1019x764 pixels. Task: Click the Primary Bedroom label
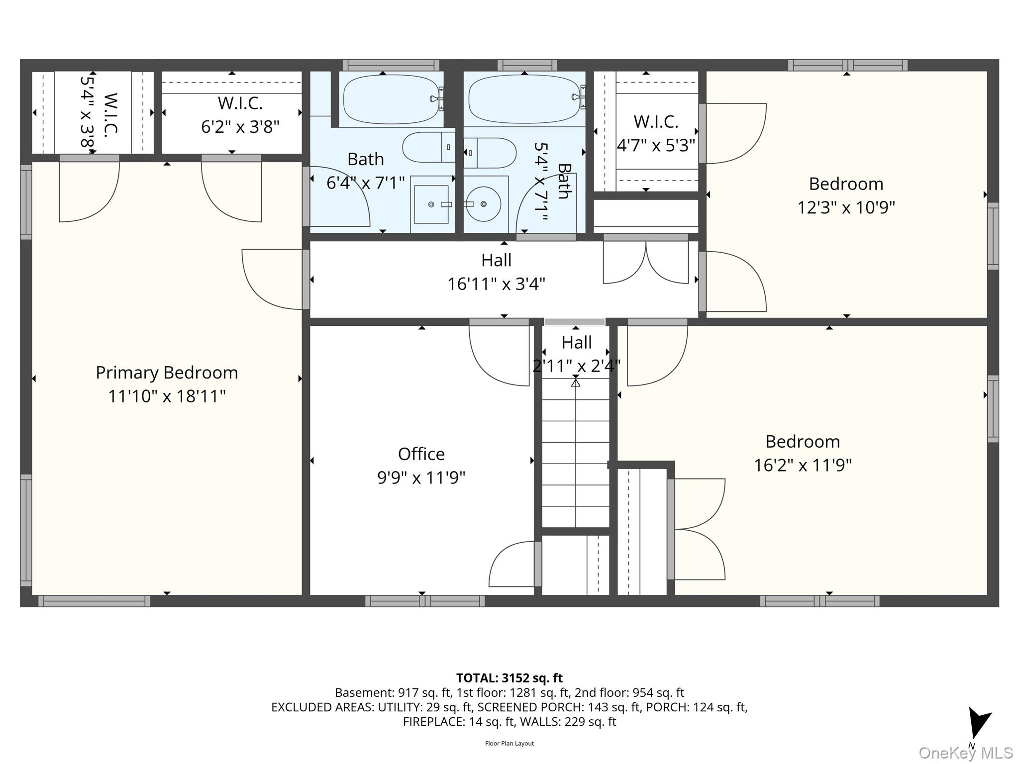click(x=167, y=373)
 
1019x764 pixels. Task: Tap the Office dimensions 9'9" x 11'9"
click(x=421, y=477)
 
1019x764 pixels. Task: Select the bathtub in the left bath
click(x=392, y=99)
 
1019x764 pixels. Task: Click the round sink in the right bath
click(x=483, y=204)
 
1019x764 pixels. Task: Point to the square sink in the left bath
click(x=431, y=204)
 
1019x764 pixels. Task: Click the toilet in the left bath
click(x=428, y=147)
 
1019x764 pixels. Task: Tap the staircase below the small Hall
click(x=576, y=453)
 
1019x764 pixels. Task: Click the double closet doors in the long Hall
click(x=646, y=263)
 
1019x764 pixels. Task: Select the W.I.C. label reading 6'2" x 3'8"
click(x=240, y=126)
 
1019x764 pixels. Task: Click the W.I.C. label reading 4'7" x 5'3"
click(x=656, y=145)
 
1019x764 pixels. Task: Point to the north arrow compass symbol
click(x=978, y=723)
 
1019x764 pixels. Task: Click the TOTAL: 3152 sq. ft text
click(x=509, y=678)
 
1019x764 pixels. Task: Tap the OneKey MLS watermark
click(x=966, y=753)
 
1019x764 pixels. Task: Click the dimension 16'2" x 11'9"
click(x=803, y=465)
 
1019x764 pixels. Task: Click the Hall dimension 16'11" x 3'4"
click(x=496, y=284)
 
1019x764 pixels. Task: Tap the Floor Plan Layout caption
click(x=509, y=744)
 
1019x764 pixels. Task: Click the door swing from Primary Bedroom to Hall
click(x=273, y=279)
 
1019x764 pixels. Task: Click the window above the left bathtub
click(x=391, y=65)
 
